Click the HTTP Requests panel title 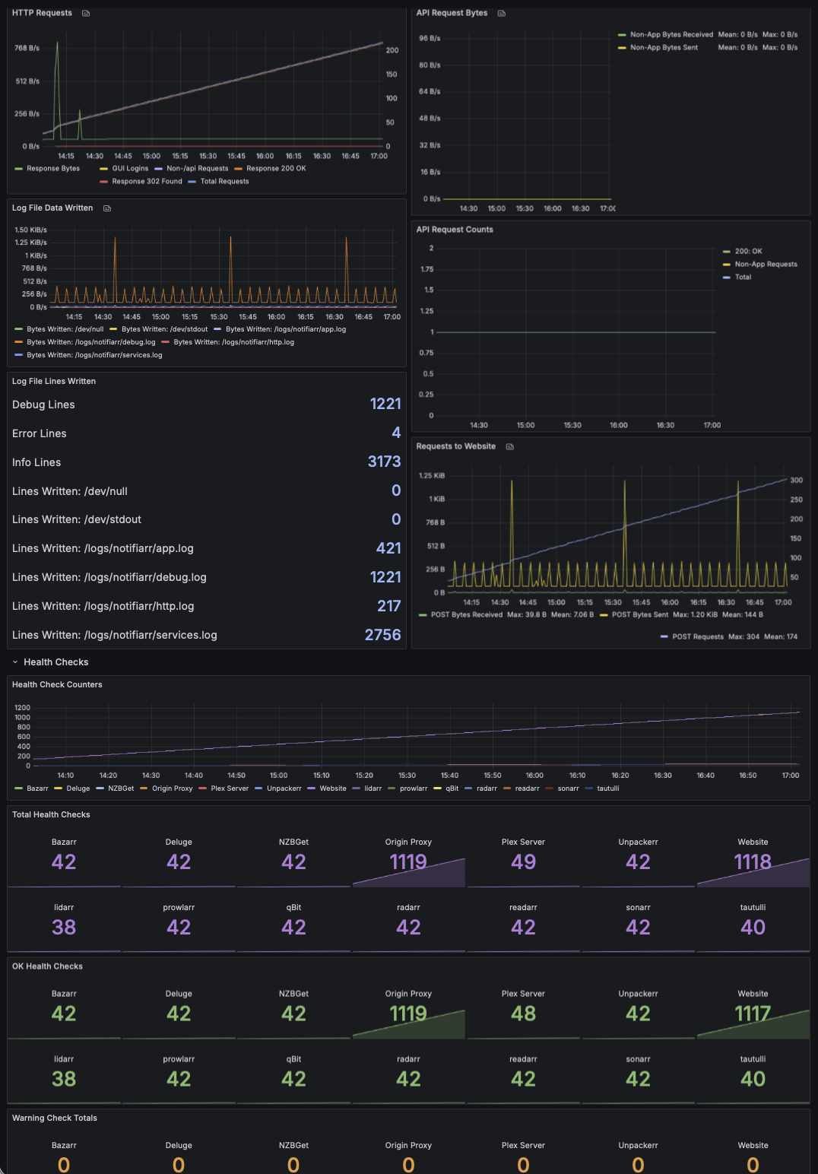42,13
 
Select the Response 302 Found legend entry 141,181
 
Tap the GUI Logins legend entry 124,168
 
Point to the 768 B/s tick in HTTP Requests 27,48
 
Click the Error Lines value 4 396,433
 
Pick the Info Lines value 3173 384,462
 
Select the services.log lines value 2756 382,635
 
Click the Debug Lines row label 43,405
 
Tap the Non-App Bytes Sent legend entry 658,47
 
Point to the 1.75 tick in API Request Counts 427,269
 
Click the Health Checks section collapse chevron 15,662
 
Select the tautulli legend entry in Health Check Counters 602,788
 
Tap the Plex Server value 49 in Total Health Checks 523,861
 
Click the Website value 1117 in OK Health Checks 753,1013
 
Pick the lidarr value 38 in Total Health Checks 64,927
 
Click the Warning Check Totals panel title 55,1118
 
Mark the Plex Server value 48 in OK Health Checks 523,1013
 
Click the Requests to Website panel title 456,446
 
